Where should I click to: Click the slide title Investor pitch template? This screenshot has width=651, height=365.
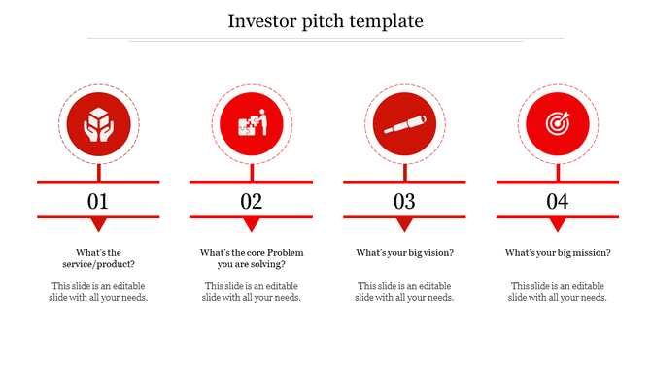click(x=325, y=20)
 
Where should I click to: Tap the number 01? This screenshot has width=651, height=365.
click(x=98, y=202)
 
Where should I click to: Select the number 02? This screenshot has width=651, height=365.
click(x=252, y=202)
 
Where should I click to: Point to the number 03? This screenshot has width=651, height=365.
click(x=404, y=202)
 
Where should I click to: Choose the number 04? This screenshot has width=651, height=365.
click(x=557, y=202)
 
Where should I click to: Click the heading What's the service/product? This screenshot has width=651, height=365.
click(x=98, y=258)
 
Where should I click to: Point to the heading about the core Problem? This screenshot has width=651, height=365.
click(x=252, y=258)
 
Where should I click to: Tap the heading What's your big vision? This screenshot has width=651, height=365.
click(x=404, y=253)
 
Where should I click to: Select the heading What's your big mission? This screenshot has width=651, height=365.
click(x=558, y=253)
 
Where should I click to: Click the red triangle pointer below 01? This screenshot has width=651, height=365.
click(x=98, y=224)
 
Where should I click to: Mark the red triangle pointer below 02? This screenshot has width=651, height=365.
click(x=252, y=224)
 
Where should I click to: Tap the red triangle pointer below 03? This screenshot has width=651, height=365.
click(x=404, y=224)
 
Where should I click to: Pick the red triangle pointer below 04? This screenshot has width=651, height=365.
click(x=557, y=224)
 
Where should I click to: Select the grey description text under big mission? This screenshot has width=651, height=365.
click(x=558, y=292)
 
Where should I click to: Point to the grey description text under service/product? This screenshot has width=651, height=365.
click(x=98, y=292)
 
